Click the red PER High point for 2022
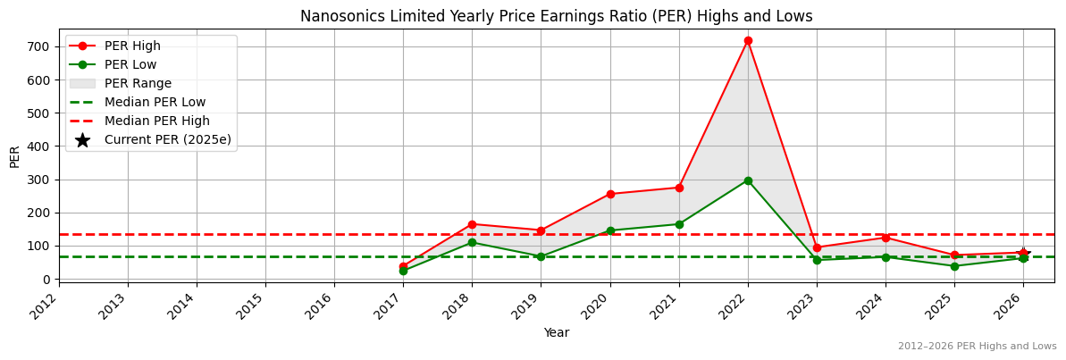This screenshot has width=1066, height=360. (x=748, y=40)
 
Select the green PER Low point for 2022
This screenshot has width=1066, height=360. (x=748, y=180)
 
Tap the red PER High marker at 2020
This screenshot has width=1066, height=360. (x=610, y=194)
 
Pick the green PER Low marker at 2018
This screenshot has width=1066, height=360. (x=472, y=242)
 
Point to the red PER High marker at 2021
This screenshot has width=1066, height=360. (x=679, y=188)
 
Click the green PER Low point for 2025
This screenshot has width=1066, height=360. (x=954, y=266)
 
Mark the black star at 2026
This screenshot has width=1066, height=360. (x=1023, y=253)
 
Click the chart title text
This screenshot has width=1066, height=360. (x=556, y=16)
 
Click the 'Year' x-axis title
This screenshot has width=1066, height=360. (x=556, y=332)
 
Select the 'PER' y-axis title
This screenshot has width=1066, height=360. (x=15, y=155)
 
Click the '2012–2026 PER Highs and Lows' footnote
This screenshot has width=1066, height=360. (x=977, y=346)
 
